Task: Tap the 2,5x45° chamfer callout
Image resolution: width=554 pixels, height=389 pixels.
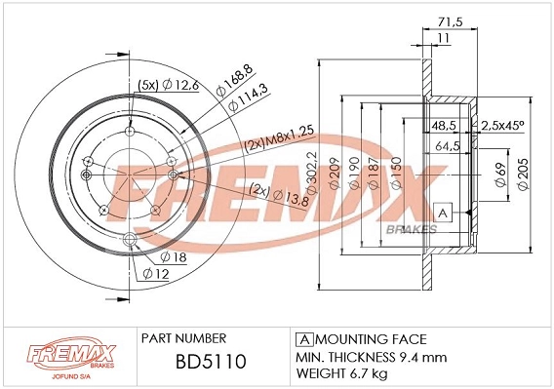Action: click(x=503, y=125)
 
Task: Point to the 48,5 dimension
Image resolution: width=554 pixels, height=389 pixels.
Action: click(x=446, y=125)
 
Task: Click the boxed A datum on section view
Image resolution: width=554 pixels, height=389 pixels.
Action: click(x=442, y=213)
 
